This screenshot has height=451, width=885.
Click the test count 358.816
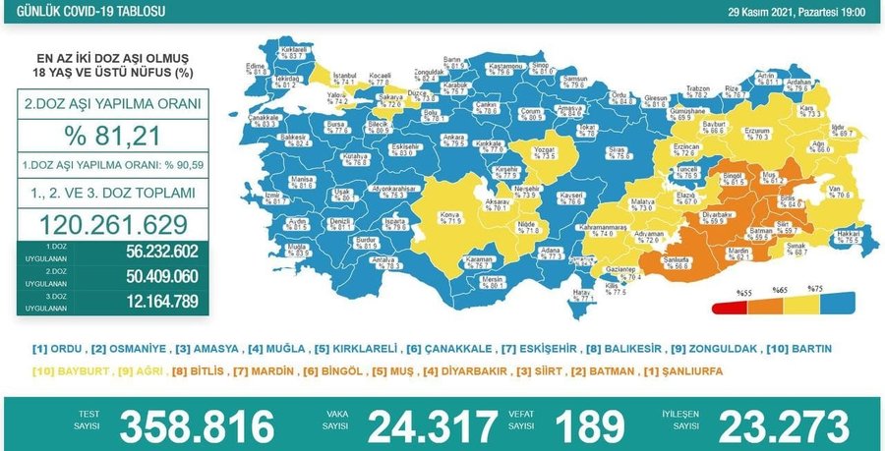click(x=197, y=426)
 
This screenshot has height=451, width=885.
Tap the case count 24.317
click(x=433, y=426)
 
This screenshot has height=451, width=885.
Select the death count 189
click(x=589, y=426)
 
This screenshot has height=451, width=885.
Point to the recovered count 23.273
click(x=783, y=426)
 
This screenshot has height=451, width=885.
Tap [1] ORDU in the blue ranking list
click(x=58, y=349)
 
